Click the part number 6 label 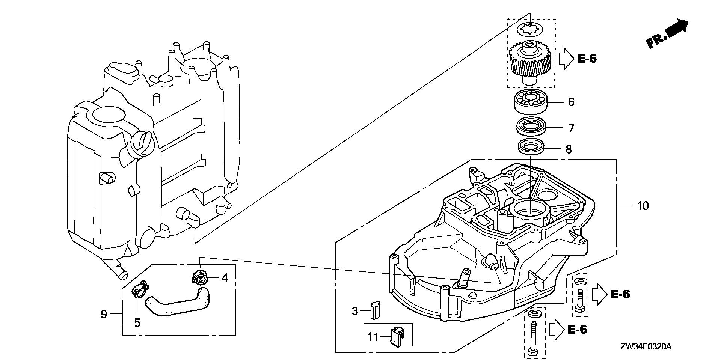point(571,102)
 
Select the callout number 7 point(571,128)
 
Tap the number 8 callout point(569,149)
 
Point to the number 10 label point(643,206)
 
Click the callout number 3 point(355,311)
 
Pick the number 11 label point(373,337)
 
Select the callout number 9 point(104,314)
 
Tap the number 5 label point(137,322)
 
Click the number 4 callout point(225,278)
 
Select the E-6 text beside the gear point(587,59)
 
